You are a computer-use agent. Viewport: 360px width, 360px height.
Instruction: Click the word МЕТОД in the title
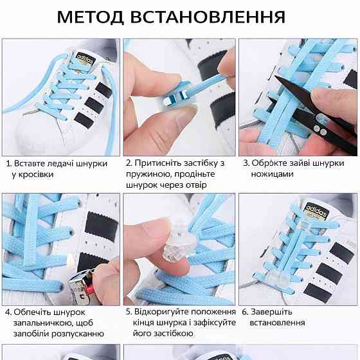click(x=90, y=17)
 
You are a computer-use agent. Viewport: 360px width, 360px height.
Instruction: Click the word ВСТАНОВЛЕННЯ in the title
click(x=208, y=17)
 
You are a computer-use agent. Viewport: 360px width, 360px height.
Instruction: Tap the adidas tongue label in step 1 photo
click(x=85, y=59)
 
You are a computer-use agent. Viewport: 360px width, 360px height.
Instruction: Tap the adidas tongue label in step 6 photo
click(x=316, y=211)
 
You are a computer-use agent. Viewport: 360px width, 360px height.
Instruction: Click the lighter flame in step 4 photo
click(x=70, y=259)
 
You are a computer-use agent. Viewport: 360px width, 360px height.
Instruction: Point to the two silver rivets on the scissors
click(x=320, y=130)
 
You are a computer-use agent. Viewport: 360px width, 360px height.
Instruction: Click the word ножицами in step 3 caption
click(x=272, y=174)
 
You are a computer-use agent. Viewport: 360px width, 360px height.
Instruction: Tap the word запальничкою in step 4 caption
click(x=42, y=323)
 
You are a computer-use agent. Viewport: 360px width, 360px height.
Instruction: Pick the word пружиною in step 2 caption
click(x=148, y=174)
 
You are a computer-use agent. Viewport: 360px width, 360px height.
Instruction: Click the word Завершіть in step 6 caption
click(x=271, y=312)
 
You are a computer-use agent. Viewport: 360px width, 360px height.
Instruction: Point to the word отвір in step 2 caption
click(x=196, y=185)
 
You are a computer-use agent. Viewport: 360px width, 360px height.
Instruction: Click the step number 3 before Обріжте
click(x=246, y=163)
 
